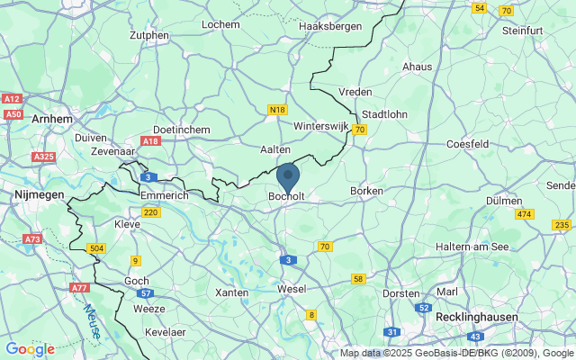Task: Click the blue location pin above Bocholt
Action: [x=288, y=176]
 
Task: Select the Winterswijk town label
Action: [x=320, y=127]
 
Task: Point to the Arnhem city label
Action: [x=50, y=118]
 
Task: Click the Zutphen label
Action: [x=149, y=36]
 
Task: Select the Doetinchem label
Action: [x=182, y=130]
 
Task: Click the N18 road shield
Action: [x=277, y=110]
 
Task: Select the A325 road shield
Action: [x=43, y=157]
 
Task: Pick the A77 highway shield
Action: [x=81, y=288]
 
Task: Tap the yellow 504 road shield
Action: [x=96, y=247]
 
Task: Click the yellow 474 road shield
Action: [x=525, y=214]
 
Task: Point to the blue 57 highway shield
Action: [x=145, y=293]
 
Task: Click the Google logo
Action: [x=30, y=349]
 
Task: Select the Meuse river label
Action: [x=93, y=319]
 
